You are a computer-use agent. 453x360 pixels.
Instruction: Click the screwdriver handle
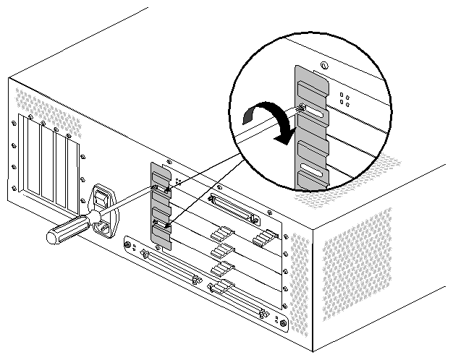(65, 230)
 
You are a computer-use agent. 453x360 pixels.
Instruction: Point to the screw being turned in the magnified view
(302, 110)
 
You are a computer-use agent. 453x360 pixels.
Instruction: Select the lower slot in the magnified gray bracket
(313, 171)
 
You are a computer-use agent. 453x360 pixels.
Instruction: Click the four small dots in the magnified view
(345, 99)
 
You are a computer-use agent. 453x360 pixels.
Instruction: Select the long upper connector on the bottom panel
(174, 268)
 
